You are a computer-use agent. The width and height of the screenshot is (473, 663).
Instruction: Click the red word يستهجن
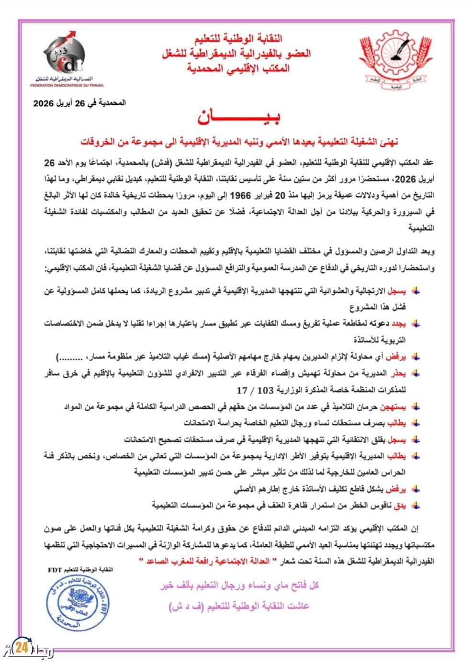(396, 408)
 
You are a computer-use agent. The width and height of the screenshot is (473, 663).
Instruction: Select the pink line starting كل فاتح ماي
(239, 585)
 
